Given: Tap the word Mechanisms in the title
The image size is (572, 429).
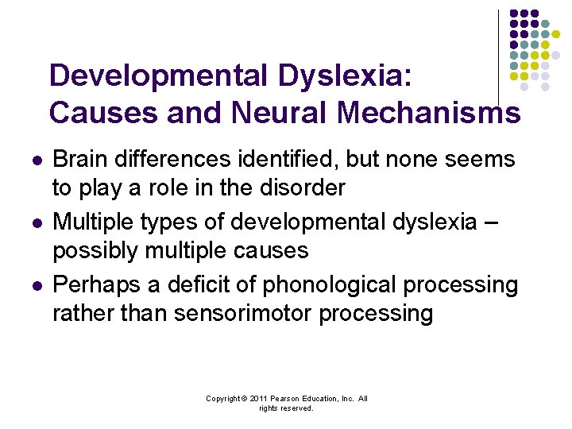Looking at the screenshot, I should click(429, 113).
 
